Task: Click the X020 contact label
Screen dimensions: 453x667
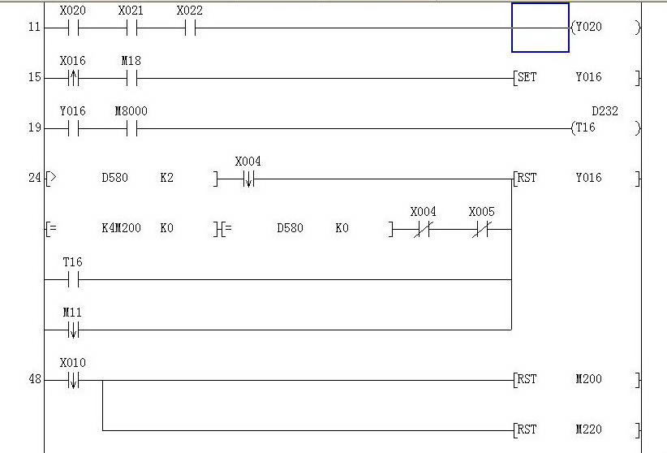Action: coord(72,11)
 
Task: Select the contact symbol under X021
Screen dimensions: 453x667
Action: coord(131,28)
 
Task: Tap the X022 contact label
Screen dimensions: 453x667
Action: coord(189,11)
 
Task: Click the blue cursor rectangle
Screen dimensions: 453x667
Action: coord(540,28)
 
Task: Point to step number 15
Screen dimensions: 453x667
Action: coord(33,78)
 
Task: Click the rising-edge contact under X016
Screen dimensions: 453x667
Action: coord(73,79)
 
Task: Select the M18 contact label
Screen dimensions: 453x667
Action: coord(131,61)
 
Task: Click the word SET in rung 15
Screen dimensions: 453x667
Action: coord(527,78)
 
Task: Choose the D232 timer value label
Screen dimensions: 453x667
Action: coord(605,111)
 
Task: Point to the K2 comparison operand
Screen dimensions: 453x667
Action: coord(166,178)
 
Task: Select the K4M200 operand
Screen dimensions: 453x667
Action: coord(121,228)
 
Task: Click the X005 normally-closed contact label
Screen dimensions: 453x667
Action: coord(481,212)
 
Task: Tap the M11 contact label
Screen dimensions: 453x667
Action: coord(72,313)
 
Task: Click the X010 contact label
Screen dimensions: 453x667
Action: coord(72,362)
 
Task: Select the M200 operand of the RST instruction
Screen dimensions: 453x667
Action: coord(588,379)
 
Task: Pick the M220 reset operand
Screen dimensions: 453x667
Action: coord(588,429)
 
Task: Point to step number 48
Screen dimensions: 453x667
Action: coord(34,379)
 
